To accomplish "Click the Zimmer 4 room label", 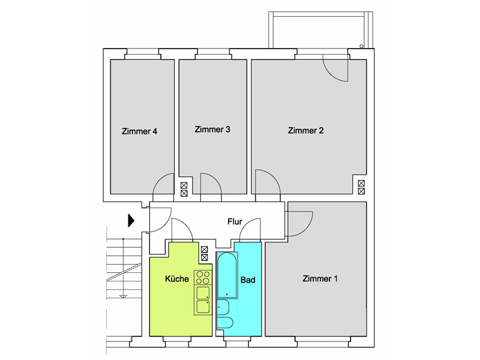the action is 140,131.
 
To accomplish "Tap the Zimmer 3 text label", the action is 212,130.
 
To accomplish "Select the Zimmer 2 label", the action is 305,130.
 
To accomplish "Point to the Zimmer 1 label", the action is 320,278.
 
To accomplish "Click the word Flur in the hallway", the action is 235,221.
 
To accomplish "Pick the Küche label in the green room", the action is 177,278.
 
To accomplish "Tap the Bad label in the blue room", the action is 248,280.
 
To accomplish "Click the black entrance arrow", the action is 131,220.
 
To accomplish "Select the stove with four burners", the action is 203,277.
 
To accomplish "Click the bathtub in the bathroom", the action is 227,275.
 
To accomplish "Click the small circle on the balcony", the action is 362,46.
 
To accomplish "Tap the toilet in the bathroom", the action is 225,323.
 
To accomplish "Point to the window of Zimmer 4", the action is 143,54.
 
